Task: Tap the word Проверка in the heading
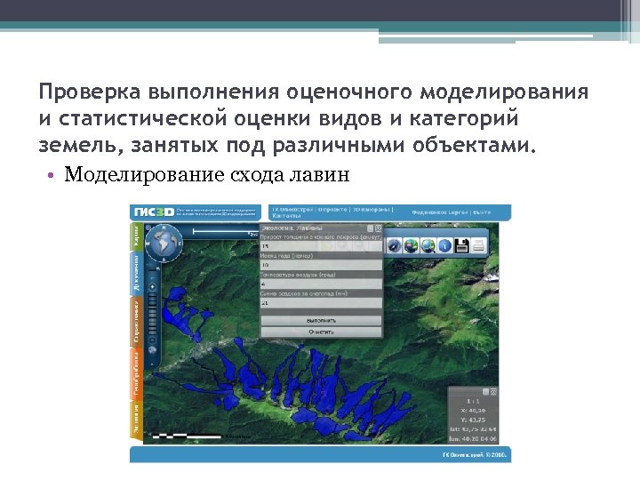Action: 90,93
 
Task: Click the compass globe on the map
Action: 164,243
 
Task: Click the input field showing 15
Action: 321,247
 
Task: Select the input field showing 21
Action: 321,302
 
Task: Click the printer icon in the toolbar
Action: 477,244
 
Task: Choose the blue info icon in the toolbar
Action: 444,245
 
